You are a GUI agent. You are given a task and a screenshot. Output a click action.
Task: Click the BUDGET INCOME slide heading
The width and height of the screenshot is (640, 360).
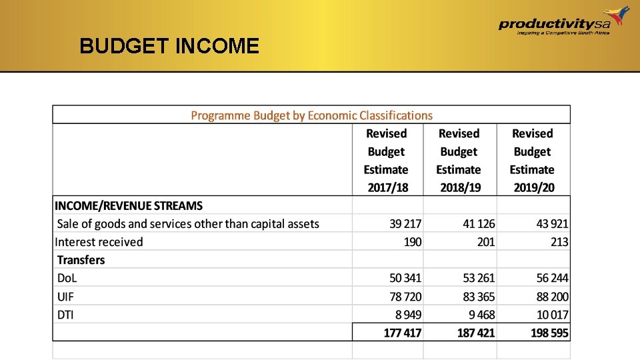pyautogui.click(x=169, y=46)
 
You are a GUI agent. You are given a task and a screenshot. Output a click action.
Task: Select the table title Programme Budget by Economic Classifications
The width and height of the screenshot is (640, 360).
pyautogui.click(x=311, y=115)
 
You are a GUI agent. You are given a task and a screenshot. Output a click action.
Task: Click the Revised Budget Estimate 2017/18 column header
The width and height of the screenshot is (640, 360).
pyautogui.click(x=387, y=161)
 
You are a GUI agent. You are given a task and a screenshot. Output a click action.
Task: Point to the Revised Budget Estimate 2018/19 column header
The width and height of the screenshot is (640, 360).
pyautogui.click(x=459, y=161)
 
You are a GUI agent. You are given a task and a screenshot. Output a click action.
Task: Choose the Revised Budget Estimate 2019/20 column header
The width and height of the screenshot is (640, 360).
pyautogui.click(x=533, y=161)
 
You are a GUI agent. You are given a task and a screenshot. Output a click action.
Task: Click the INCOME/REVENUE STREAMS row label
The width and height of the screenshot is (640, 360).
pyautogui.click(x=129, y=206)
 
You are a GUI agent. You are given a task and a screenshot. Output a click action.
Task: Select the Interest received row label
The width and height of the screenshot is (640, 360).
pyautogui.click(x=99, y=242)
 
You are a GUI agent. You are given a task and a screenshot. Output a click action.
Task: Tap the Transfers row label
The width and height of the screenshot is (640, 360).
pyautogui.click(x=81, y=260)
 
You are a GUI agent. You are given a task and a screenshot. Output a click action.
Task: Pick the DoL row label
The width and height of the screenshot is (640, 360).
pyautogui.click(x=67, y=278)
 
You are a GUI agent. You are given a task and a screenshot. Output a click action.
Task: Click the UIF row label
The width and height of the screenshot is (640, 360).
pyautogui.click(x=65, y=296)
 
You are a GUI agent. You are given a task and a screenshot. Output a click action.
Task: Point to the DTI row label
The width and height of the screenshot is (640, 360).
pyautogui.click(x=65, y=314)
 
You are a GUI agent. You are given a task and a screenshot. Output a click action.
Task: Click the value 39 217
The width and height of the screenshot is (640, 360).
pyautogui.click(x=405, y=224)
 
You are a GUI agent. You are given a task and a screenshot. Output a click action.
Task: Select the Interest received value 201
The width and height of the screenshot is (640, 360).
pyautogui.click(x=486, y=242)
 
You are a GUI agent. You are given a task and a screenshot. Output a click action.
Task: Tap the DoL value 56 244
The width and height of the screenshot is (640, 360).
pyautogui.click(x=552, y=278)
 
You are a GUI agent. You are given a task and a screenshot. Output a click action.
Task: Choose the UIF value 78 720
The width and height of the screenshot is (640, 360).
pyautogui.click(x=405, y=296)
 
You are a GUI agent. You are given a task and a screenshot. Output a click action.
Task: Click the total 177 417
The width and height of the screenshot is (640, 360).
pyautogui.click(x=403, y=332)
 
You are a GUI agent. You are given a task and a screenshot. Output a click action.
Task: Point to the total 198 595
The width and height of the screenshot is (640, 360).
pyautogui.click(x=549, y=332)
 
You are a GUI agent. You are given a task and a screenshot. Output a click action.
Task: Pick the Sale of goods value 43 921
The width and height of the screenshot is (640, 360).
pyautogui.click(x=552, y=224)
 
